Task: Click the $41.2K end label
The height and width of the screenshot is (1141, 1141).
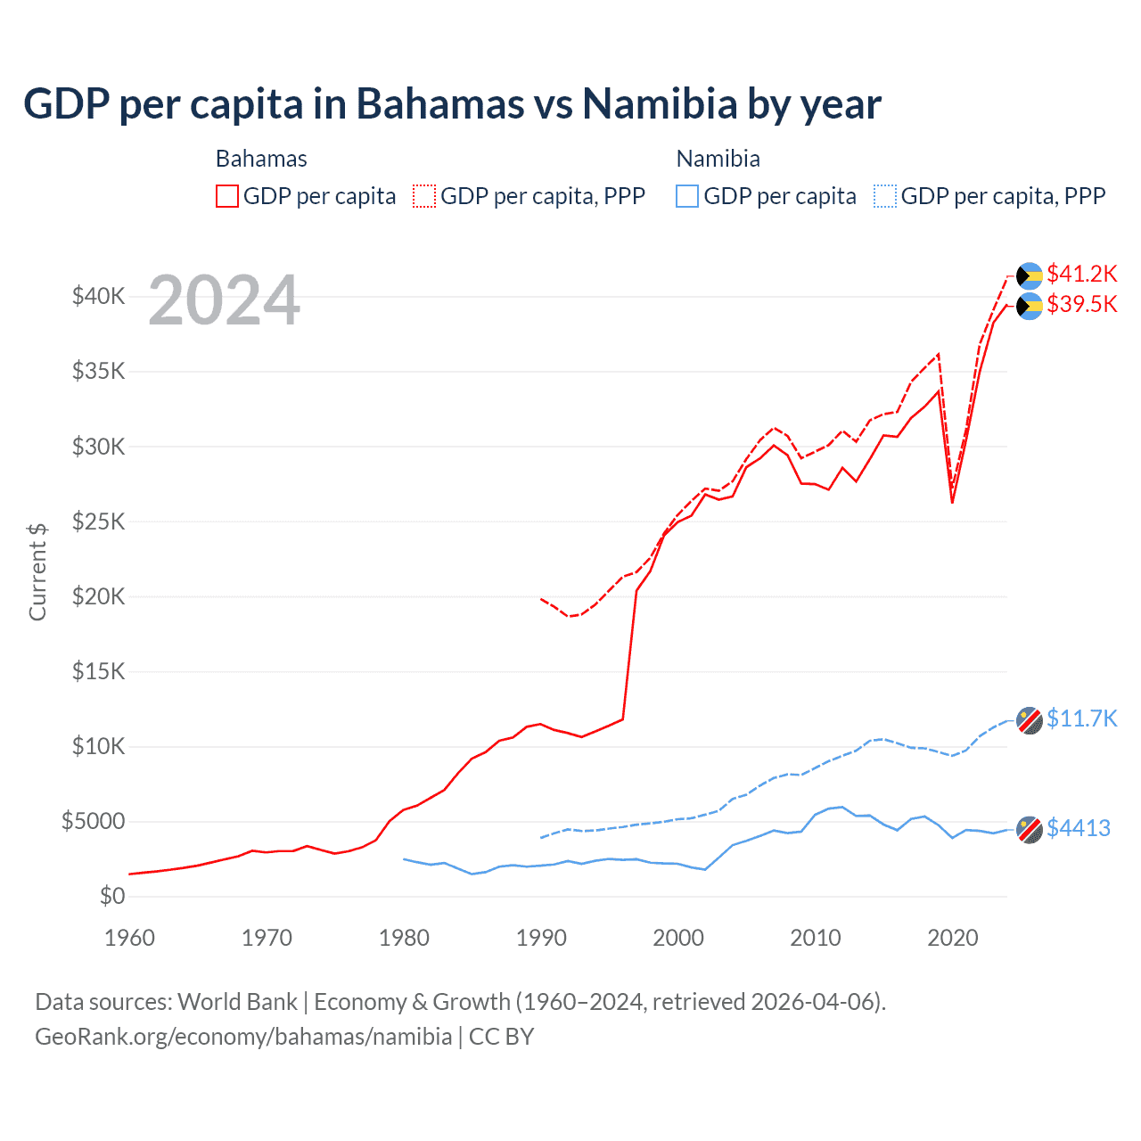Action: [1081, 274]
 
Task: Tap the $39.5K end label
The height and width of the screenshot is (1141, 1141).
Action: [1081, 304]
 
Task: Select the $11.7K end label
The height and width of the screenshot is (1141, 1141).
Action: [1081, 718]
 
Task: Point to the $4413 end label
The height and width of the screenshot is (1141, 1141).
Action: [1078, 828]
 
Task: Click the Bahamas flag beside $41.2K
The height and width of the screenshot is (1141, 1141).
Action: [1030, 275]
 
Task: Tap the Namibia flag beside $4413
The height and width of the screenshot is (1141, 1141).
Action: [1030, 830]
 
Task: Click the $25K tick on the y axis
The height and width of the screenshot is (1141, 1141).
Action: [98, 521]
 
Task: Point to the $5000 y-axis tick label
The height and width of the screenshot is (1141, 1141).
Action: [93, 821]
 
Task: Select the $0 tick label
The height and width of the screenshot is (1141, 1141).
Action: [111, 896]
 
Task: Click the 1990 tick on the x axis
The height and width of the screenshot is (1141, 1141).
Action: [541, 938]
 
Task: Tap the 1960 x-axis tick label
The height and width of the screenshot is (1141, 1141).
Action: [130, 938]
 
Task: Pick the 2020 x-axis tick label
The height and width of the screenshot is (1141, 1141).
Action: [952, 938]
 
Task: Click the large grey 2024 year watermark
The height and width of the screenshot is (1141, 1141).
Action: [224, 300]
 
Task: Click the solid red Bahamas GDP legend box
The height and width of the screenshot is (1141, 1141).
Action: [227, 196]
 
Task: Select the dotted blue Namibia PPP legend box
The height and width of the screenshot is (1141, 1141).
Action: [885, 196]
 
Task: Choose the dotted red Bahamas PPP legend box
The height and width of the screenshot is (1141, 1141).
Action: [424, 196]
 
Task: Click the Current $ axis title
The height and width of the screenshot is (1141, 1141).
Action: [37, 572]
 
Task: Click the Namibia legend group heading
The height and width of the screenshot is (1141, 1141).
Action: [718, 159]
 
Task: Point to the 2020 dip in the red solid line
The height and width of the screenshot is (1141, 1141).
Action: [952, 502]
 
